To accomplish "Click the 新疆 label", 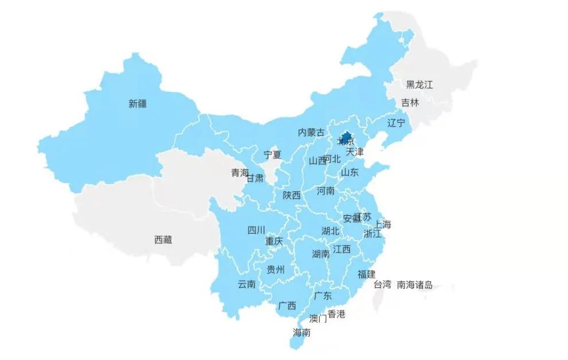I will (x=138, y=104).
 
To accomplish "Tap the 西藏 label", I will (x=163, y=240).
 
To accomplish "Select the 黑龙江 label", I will (x=419, y=84).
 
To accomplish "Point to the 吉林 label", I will (x=410, y=103).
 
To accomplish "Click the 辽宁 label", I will (x=396, y=123).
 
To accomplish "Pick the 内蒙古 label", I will (x=311, y=132).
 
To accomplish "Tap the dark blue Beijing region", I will (x=346, y=137).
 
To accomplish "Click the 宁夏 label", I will (x=273, y=154).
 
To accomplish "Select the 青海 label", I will (x=240, y=173).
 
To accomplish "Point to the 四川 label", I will (x=256, y=230).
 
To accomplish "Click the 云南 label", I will (x=247, y=284).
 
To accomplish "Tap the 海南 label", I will (x=302, y=332).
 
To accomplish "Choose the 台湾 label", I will (x=383, y=284).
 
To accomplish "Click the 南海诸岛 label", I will (x=415, y=284).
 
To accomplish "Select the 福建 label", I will (x=367, y=274).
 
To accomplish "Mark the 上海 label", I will (x=383, y=224).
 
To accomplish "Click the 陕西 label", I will (x=291, y=195).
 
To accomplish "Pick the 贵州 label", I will (x=275, y=269).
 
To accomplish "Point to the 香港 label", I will (x=337, y=314).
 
